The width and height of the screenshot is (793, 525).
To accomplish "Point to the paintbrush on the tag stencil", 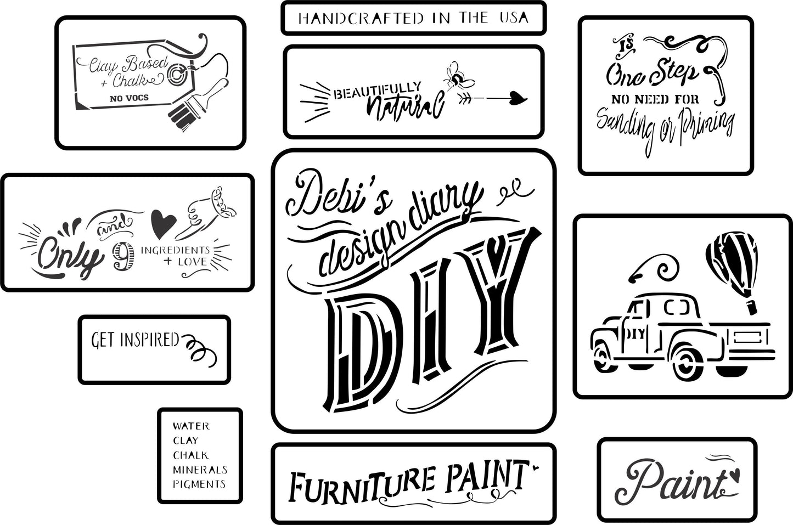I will (x=195, y=104).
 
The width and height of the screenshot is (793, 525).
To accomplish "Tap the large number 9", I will (x=123, y=257).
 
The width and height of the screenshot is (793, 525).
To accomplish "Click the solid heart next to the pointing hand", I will (x=164, y=224).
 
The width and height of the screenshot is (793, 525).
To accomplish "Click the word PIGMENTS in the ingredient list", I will (x=199, y=484).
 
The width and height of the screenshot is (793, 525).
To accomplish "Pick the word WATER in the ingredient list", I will (x=190, y=426).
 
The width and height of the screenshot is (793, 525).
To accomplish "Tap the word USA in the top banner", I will (x=513, y=18).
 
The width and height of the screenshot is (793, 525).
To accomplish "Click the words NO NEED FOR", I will (x=655, y=99).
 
